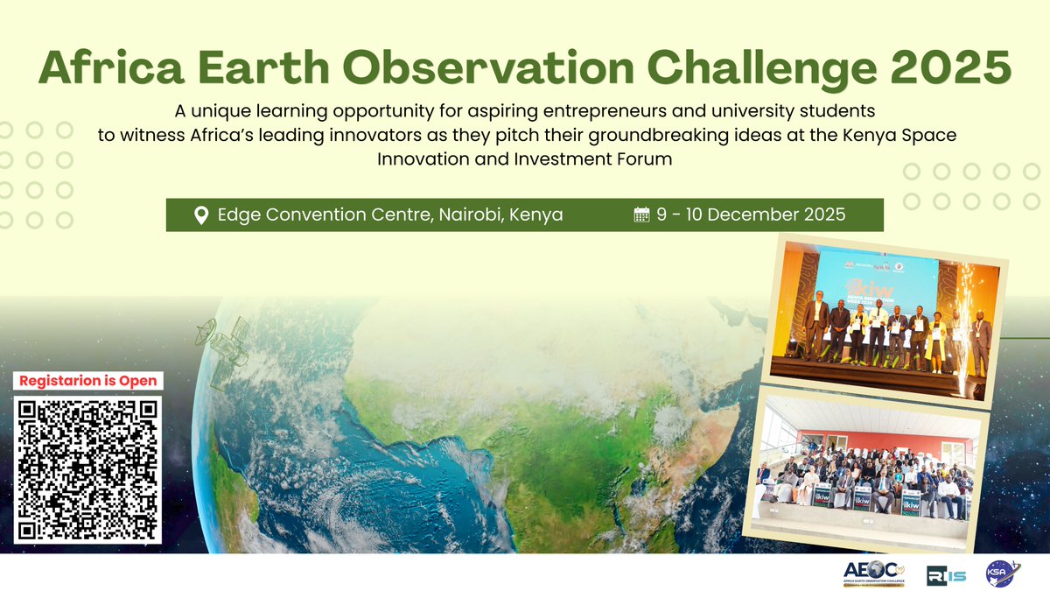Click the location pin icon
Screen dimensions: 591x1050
pos(200,215)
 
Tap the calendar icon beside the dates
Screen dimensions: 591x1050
pos(641,215)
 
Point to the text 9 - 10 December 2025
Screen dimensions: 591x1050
pos(751,215)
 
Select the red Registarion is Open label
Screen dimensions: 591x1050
pos(88,381)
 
